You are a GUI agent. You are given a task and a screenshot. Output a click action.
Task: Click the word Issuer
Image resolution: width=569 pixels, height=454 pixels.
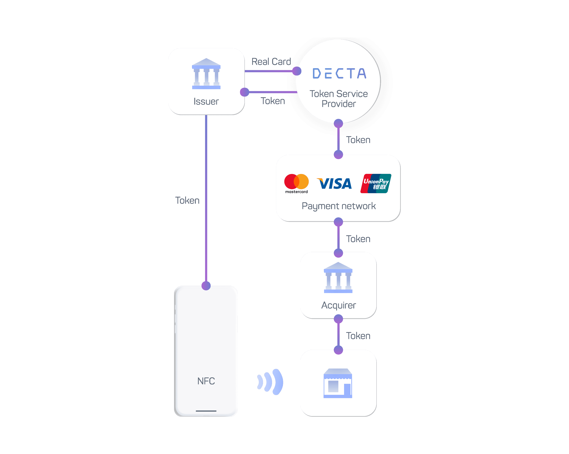coord(206,101)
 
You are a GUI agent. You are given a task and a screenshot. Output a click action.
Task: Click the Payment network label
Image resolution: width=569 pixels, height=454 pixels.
coord(339,206)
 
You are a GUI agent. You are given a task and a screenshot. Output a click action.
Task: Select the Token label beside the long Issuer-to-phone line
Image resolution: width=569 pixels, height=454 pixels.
coord(187,201)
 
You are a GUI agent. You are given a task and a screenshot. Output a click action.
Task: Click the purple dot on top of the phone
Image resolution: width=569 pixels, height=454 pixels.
coord(206,286)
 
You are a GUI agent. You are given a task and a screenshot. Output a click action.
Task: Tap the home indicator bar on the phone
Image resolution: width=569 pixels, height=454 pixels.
coord(206,411)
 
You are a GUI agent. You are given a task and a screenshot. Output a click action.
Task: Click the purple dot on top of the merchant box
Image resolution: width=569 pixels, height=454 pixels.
coord(338,350)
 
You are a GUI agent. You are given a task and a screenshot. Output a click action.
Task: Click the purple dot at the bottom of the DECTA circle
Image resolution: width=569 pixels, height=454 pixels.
coord(338,123)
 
